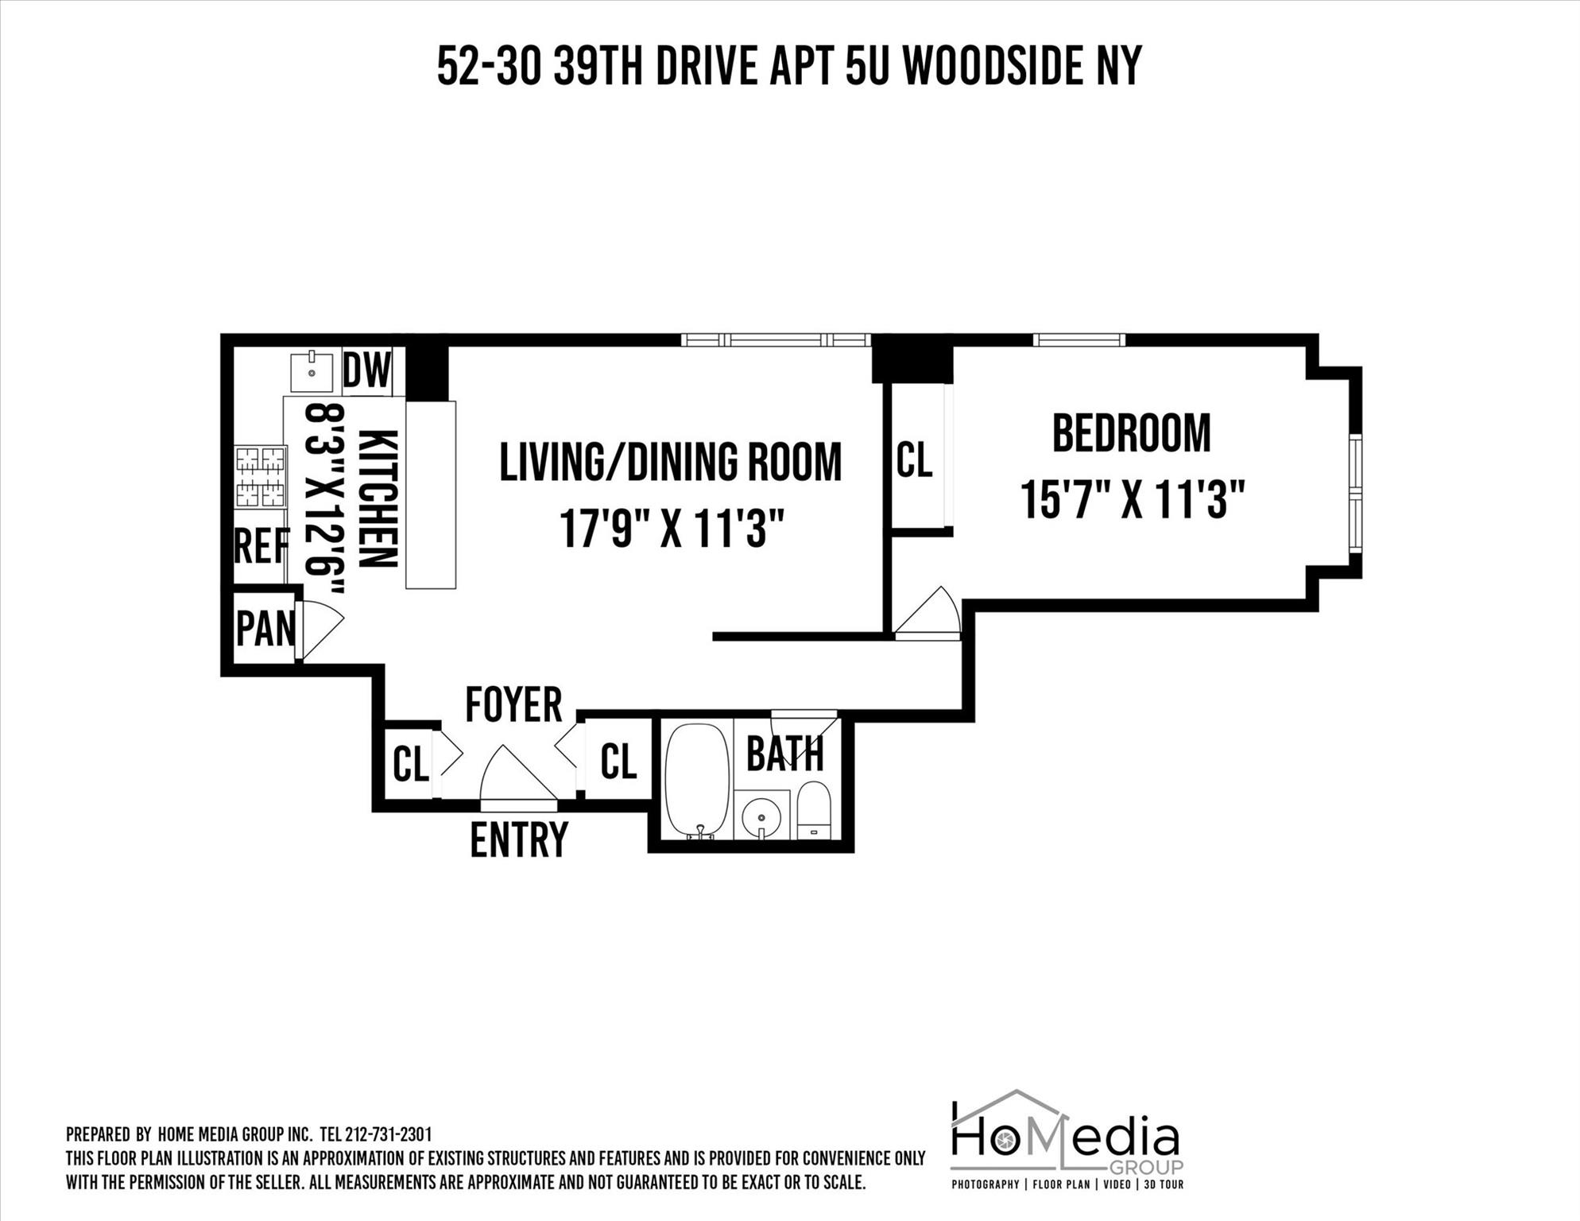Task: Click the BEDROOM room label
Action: click(1131, 433)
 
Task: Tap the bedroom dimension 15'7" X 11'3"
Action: click(1131, 500)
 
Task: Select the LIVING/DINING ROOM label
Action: click(670, 462)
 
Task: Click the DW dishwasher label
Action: click(367, 370)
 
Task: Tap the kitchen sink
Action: click(312, 371)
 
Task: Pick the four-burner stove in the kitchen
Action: click(260, 477)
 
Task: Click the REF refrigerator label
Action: click(261, 547)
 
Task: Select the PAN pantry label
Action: click(265, 629)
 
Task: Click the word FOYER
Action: click(513, 704)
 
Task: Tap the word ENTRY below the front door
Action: click(519, 840)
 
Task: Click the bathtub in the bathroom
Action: click(697, 780)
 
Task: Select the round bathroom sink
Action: click(761, 814)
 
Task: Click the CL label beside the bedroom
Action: click(913, 460)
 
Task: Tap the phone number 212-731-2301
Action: click(389, 1134)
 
